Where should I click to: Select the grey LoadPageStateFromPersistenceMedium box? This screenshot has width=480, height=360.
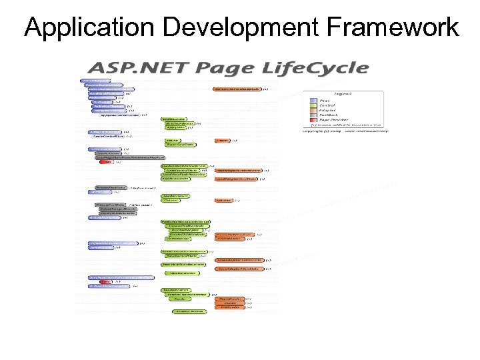(x=136, y=157)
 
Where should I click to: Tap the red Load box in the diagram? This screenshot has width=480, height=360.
(x=105, y=162)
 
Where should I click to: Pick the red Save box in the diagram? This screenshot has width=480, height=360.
(x=105, y=282)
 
